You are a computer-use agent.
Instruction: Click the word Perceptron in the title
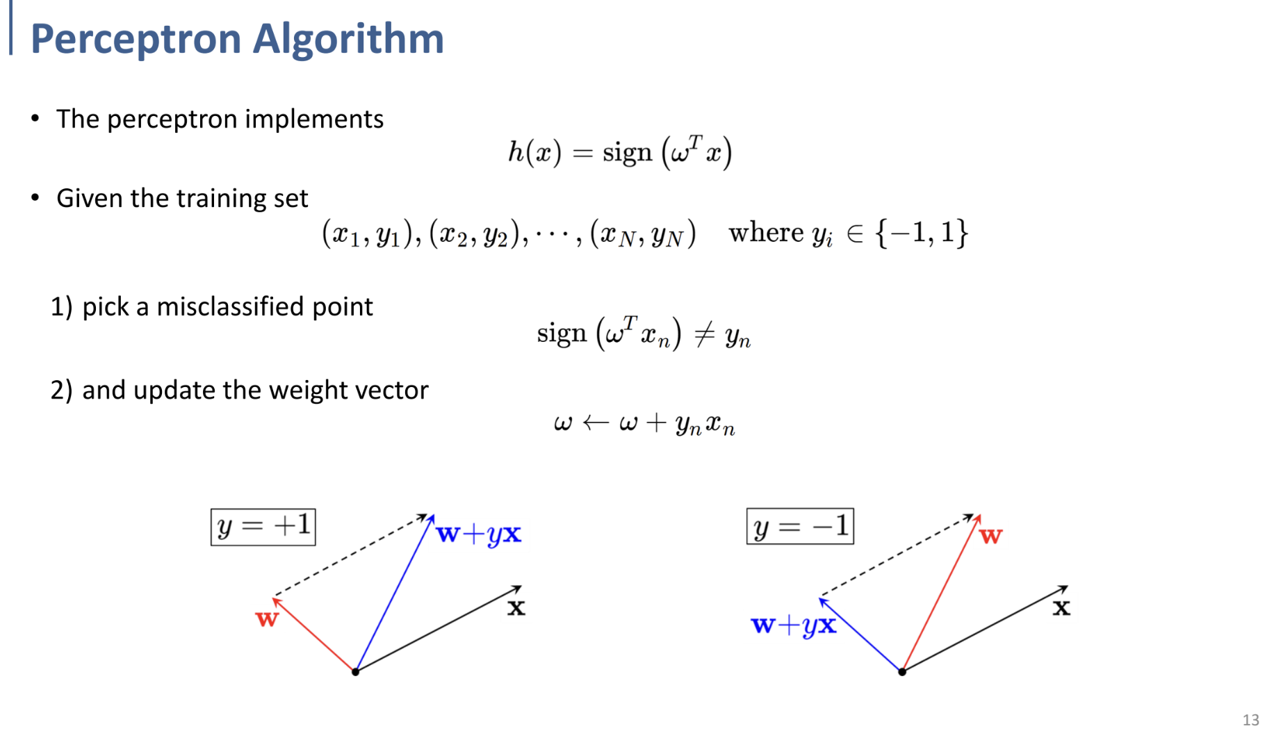[136, 39]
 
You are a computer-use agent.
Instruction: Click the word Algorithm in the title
[348, 39]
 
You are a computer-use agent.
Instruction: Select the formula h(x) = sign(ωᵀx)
[619, 151]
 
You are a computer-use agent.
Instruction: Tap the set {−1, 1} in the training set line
[922, 233]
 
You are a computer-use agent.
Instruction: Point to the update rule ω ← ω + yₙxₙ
[644, 423]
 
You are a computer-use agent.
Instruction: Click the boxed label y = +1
[263, 527]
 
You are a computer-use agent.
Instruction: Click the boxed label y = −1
[800, 527]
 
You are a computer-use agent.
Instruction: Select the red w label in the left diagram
[267, 618]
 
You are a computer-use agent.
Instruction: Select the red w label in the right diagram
[990, 536]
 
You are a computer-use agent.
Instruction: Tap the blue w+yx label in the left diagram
[479, 534]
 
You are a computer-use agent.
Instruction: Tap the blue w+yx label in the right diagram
[794, 625]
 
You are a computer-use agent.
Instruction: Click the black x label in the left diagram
[516, 608]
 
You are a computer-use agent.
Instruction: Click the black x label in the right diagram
[1061, 608]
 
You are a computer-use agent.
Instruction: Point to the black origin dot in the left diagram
[355, 672]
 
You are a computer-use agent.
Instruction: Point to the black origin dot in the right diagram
[902, 672]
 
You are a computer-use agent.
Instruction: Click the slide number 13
[1250, 720]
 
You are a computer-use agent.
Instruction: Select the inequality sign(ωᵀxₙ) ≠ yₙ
[644, 334]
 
